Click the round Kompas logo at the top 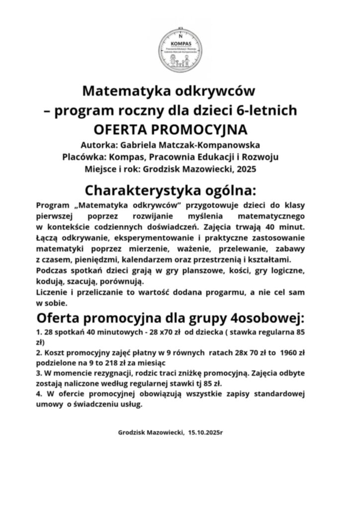(x=180, y=49)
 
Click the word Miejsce (x=102, y=170)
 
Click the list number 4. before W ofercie (x=39, y=394)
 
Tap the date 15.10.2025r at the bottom (x=206, y=432)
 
